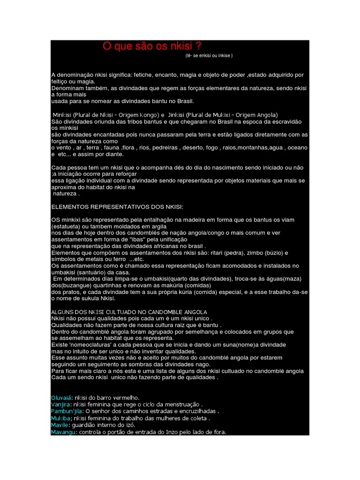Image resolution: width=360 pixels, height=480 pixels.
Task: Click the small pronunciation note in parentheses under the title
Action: (209, 55)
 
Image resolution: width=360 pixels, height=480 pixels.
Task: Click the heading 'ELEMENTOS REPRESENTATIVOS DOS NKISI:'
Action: (117, 206)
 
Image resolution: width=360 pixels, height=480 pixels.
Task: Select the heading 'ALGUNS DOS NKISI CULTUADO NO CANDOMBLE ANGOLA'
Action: (129, 312)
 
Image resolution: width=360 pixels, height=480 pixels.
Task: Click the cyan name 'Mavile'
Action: (60, 425)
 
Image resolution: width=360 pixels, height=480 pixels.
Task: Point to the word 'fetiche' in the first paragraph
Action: (144, 75)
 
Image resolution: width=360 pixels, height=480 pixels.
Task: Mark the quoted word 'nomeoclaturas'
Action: (88, 345)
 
